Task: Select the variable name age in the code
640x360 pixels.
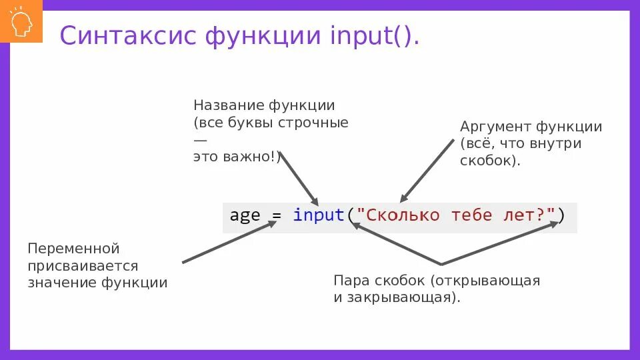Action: pyautogui.click(x=245, y=216)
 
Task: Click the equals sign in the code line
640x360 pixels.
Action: pyautogui.click(x=277, y=216)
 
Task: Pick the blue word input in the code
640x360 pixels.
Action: pyautogui.click(x=318, y=216)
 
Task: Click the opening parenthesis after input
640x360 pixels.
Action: pyautogui.click(x=350, y=216)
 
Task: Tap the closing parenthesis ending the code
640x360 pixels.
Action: pyautogui.click(x=561, y=216)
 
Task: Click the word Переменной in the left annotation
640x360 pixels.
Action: pyautogui.click(x=73, y=249)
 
